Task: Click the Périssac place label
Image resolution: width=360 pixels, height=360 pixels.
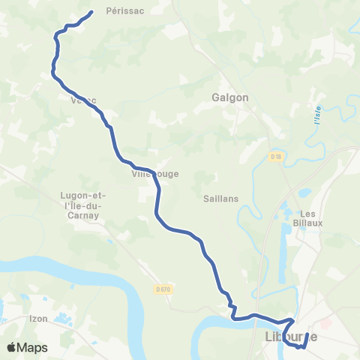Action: (x=124, y=11)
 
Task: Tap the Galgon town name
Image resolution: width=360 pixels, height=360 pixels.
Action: (x=230, y=97)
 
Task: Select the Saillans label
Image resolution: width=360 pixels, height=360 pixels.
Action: (x=220, y=199)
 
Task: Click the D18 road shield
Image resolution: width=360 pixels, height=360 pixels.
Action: (x=275, y=157)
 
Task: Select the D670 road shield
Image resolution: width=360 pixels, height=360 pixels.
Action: (x=164, y=289)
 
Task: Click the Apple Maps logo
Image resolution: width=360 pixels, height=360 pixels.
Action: (x=27, y=347)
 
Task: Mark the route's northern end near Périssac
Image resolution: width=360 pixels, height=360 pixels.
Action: (x=91, y=12)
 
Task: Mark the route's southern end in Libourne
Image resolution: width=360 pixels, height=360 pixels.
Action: (x=307, y=334)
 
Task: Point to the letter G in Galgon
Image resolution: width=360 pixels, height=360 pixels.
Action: (x=215, y=97)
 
